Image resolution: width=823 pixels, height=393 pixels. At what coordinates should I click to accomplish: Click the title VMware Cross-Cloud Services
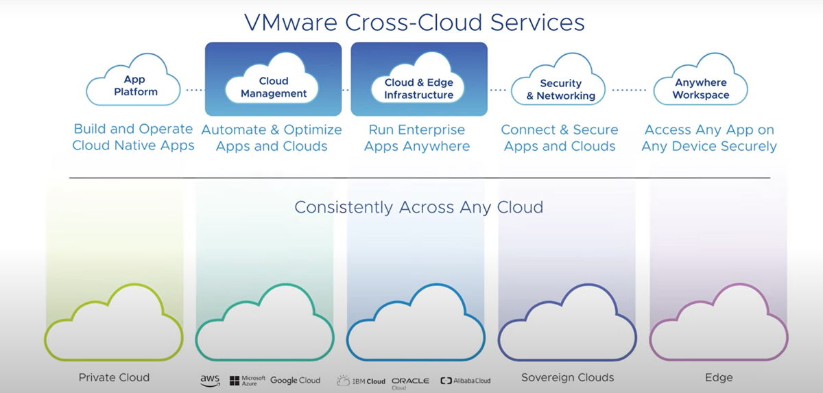414,22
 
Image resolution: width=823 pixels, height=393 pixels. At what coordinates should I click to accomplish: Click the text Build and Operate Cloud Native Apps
134,137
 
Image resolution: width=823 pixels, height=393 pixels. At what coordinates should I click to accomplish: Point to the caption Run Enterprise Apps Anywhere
417,138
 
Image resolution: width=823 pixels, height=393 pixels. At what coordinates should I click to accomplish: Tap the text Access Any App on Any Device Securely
709,138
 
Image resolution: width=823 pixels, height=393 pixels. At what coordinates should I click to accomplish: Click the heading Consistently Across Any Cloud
418,206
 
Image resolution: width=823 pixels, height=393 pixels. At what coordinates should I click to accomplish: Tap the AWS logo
210,379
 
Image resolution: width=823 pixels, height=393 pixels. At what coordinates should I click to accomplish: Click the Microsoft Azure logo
248,380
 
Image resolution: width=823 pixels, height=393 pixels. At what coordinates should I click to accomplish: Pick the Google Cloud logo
295,380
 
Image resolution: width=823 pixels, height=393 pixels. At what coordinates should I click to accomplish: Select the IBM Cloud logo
361,381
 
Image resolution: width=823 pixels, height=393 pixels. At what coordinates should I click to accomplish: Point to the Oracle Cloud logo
410,381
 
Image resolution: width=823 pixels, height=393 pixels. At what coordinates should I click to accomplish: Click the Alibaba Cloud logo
466,381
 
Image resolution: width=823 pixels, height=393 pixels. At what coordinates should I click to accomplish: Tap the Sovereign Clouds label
567,378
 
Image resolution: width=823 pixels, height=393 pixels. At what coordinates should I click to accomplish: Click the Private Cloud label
114,378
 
